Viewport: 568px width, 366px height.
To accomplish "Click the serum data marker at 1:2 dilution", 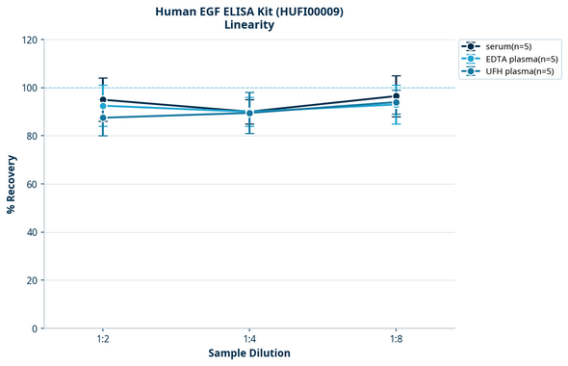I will click(x=103, y=100).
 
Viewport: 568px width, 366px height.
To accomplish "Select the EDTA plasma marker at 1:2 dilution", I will click(x=103, y=106).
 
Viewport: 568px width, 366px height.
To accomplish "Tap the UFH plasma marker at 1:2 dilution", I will click(x=103, y=118).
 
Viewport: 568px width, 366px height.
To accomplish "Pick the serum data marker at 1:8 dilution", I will click(x=396, y=96).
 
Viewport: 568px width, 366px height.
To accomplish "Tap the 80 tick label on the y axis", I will click(x=32, y=137).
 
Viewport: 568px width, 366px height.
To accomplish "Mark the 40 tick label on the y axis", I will click(x=32, y=233).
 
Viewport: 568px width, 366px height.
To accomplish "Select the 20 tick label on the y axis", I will click(x=32, y=281).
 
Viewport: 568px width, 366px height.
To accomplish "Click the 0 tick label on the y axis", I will click(x=35, y=329).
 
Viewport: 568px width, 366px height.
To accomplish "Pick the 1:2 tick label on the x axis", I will click(x=103, y=340).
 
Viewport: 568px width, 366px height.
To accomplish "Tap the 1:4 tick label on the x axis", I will click(x=249, y=340).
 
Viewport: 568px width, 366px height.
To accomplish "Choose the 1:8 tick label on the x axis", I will click(x=396, y=340).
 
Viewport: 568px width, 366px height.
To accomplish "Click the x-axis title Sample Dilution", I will click(x=249, y=353).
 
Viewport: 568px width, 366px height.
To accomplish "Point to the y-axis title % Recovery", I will click(x=12, y=184).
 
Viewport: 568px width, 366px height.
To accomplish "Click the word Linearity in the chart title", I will click(x=249, y=25).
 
